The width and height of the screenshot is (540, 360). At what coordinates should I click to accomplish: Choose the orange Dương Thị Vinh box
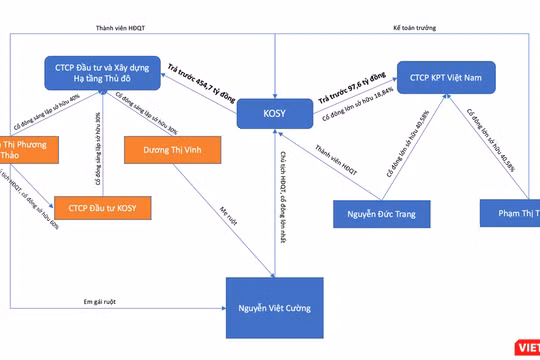pyautogui.click(x=166, y=150)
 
